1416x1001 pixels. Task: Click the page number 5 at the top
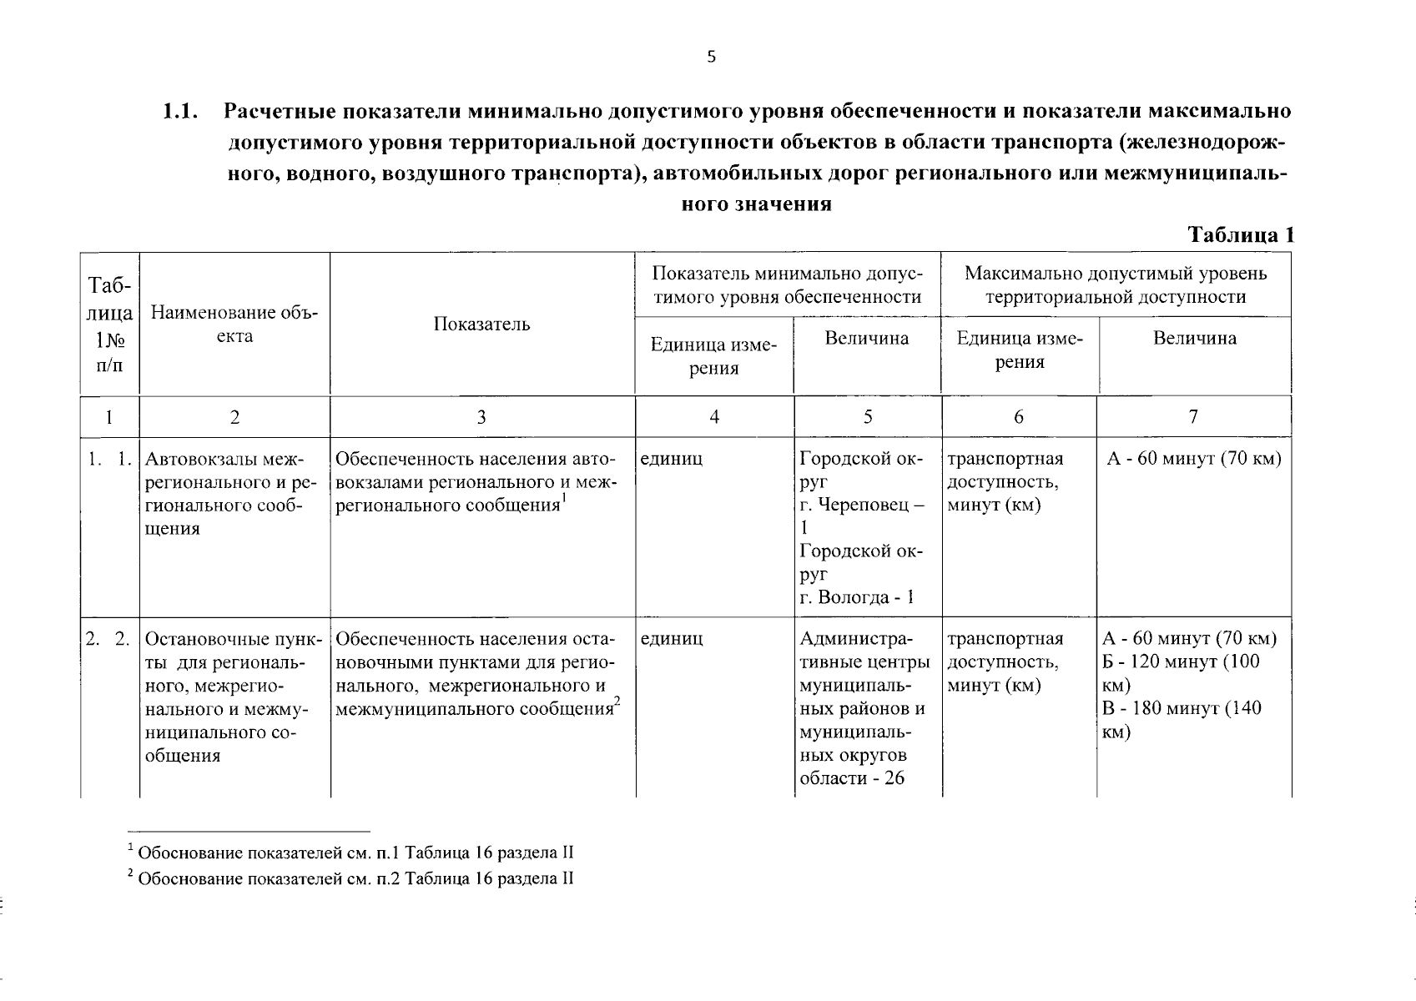coord(711,57)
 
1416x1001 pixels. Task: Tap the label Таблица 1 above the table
coord(1241,235)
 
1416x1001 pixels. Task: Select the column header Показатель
coord(481,324)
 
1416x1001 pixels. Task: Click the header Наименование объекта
coord(234,324)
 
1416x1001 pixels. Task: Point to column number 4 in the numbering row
coord(714,416)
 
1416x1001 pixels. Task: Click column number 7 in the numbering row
coord(1193,416)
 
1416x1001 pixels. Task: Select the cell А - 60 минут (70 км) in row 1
coord(1193,459)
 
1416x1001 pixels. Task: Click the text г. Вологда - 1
coord(857,597)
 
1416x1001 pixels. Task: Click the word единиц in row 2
coord(672,639)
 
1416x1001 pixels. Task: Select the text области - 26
coord(852,779)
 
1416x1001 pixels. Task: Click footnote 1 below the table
coord(350,853)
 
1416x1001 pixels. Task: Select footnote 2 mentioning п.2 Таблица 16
coord(350,878)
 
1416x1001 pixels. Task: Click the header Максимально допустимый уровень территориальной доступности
coord(1116,284)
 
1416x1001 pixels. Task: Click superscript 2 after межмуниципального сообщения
coord(617,702)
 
